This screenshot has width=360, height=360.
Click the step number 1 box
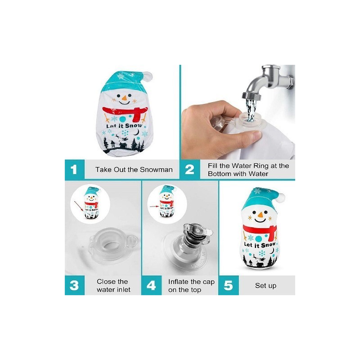(x=75, y=170)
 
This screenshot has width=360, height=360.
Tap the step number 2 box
(x=190, y=170)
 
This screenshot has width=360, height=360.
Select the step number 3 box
(x=75, y=285)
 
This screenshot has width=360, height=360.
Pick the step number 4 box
(x=151, y=285)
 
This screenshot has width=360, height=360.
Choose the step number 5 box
(x=229, y=285)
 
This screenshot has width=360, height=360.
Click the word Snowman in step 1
(x=156, y=170)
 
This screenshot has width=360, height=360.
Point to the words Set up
(x=265, y=286)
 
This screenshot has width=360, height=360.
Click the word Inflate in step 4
(x=178, y=282)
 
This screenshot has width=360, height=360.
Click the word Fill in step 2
(x=212, y=166)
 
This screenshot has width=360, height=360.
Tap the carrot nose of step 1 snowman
(x=124, y=98)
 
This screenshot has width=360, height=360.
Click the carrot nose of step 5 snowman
(x=260, y=215)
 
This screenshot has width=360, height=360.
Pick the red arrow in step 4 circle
(x=154, y=207)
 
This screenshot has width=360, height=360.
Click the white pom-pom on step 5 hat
(x=281, y=198)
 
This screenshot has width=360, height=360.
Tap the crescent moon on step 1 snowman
(x=137, y=132)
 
